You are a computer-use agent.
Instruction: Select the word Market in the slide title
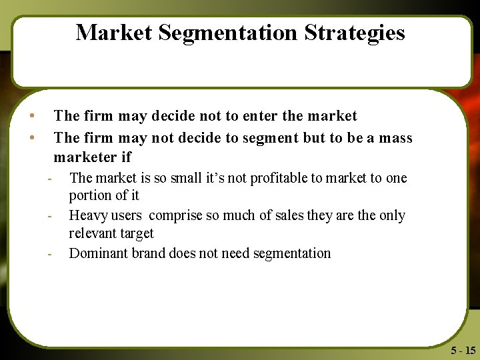point(113,33)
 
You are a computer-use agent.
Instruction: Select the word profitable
point(293,178)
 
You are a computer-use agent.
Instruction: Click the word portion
point(90,196)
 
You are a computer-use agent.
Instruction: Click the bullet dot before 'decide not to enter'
point(32,116)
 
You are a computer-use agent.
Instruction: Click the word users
point(126,215)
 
